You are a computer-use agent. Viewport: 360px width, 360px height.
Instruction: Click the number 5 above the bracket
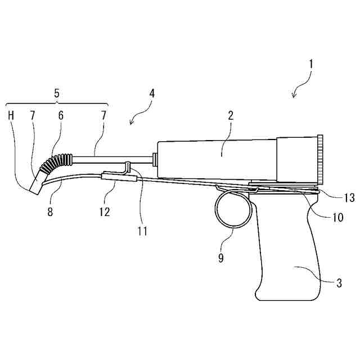[57, 93]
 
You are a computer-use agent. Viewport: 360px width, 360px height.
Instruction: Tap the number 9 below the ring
[221, 258]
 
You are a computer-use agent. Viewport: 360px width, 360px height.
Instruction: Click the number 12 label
[103, 212]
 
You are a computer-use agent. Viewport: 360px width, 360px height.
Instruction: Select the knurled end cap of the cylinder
[321, 159]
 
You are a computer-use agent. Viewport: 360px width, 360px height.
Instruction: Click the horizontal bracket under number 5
[57, 104]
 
